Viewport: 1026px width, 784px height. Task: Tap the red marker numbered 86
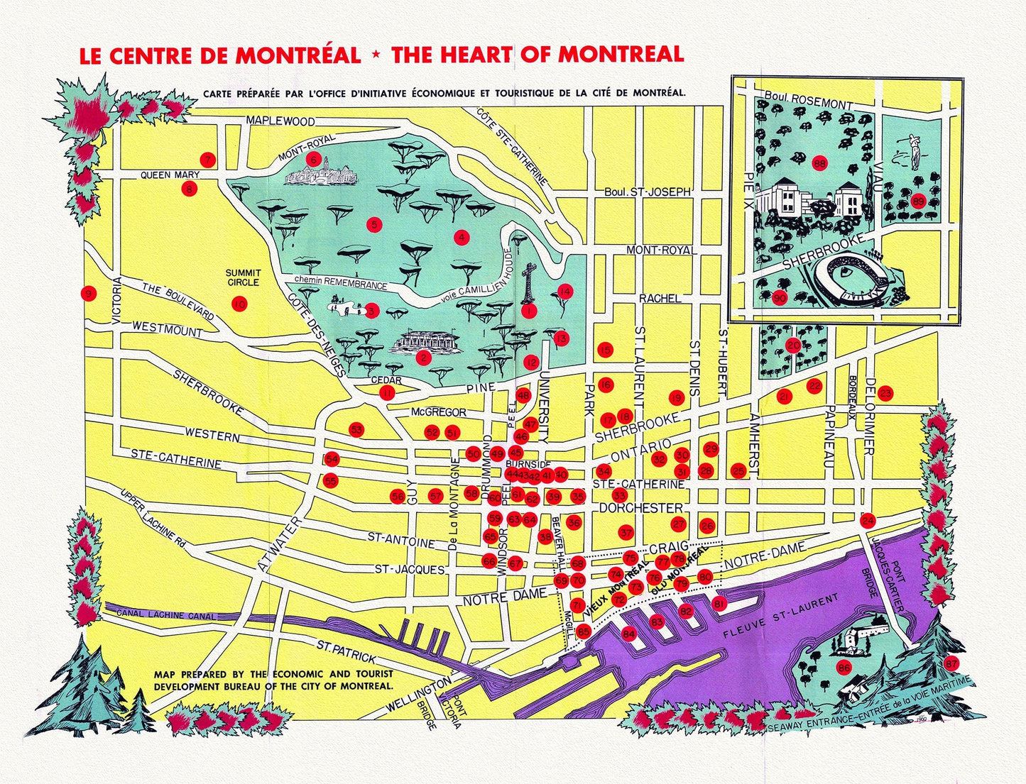pos(844,667)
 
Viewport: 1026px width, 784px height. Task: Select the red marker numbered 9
pos(89,294)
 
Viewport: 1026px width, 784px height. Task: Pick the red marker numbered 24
pos(868,520)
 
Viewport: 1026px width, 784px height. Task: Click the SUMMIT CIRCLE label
pos(243,277)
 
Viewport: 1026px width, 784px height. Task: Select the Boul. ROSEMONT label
pos(809,99)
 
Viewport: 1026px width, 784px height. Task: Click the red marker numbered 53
pos(356,430)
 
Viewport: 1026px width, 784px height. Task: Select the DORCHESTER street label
pos(640,508)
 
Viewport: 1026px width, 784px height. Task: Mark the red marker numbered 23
pos(885,393)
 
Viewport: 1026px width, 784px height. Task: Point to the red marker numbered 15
pos(605,350)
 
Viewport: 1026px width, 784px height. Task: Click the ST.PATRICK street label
pos(346,651)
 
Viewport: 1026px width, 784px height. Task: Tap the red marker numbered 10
pos(239,304)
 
